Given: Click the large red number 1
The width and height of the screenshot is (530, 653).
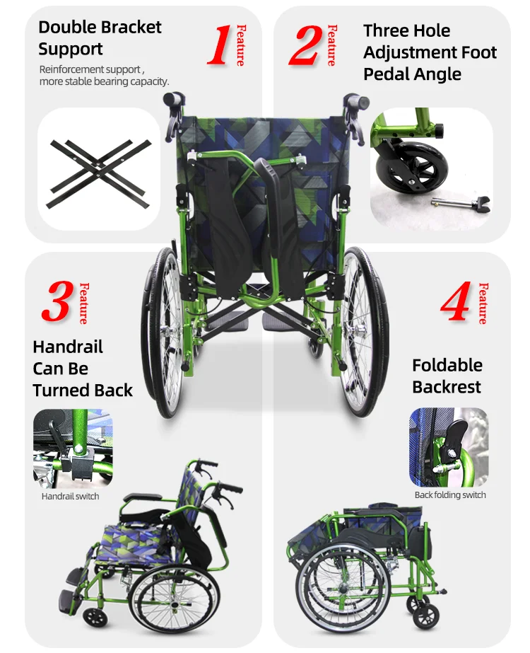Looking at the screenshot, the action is pos(219,45).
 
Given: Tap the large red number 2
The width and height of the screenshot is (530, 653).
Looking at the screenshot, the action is pos(306,45).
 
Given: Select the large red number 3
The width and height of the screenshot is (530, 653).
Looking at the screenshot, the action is pos(58,301).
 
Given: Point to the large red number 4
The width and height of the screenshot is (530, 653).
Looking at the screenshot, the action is pos(457,301).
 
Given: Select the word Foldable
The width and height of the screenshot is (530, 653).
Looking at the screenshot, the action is pos(447,365).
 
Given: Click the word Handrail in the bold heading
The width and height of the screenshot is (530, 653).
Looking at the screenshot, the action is pos(68,347).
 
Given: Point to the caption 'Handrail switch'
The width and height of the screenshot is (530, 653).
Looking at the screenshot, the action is pos(70,497).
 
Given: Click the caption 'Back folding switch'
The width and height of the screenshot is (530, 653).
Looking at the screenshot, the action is pos(450,495).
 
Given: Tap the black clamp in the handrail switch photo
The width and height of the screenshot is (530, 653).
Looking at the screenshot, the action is pos(76,466).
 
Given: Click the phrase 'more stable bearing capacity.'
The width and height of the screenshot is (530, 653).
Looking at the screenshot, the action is pos(104,81).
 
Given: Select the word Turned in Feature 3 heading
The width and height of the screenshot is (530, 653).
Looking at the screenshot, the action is pos(61,391).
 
